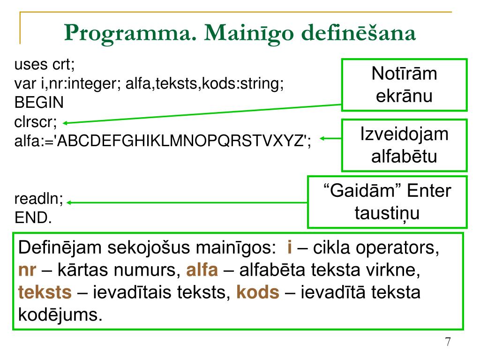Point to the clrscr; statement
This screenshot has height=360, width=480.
coord(36,122)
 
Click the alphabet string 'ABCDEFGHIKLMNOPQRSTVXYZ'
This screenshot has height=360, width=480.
coord(181,141)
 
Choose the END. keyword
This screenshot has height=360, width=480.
coord(33,218)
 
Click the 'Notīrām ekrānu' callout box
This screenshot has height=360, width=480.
coord(404,85)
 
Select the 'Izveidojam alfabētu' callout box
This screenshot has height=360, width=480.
coord(404,145)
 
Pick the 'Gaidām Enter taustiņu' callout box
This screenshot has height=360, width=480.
coord(387,202)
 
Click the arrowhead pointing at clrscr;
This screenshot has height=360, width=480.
coord(66,123)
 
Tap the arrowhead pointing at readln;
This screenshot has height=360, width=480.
coord(68,203)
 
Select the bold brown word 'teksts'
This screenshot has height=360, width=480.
coord(45,292)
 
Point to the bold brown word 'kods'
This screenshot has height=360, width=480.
coord(258,292)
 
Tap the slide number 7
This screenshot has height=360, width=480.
coord(448,342)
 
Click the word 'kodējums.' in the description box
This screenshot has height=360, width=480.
coord(60,314)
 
